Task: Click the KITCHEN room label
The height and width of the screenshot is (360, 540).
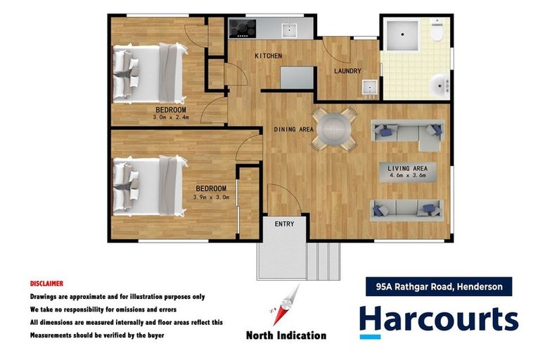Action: point(268,56)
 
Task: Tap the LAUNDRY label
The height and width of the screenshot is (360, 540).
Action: point(347,71)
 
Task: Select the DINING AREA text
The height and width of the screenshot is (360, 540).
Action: point(294,129)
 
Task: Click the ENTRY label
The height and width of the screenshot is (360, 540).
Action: point(284,224)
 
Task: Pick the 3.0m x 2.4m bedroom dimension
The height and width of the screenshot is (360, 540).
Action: point(171,117)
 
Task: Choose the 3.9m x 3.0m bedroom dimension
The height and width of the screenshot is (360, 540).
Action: point(211,197)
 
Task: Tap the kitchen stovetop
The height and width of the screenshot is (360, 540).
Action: point(243,28)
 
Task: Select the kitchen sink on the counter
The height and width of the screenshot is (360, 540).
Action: point(288,30)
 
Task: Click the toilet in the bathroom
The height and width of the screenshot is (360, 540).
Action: point(437,32)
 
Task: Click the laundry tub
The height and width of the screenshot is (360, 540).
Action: point(369,88)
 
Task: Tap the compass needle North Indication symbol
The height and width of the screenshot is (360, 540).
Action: point(285,306)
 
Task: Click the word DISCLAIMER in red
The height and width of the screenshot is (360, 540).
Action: point(46,283)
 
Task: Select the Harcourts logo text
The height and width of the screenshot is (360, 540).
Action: point(439,320)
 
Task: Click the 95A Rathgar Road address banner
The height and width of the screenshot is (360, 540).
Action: point(439,286)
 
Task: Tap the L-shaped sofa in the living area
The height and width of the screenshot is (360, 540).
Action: point(410,132)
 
